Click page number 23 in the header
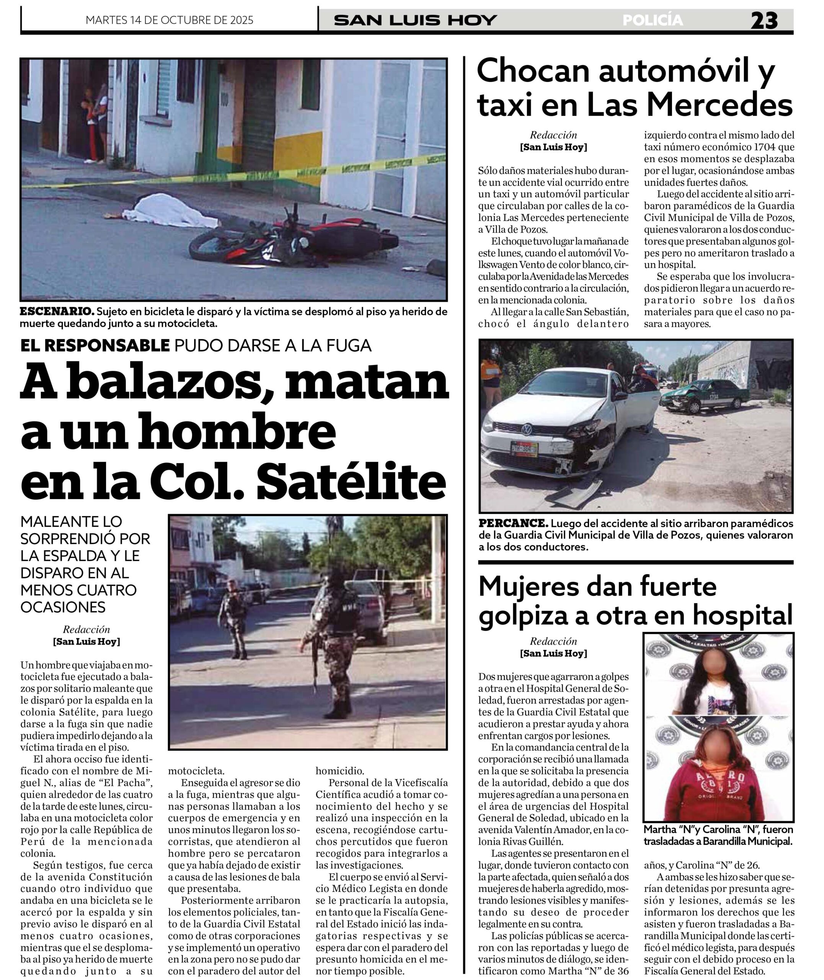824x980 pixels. pyautogui.click(x=764, y=21)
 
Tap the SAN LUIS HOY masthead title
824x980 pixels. pyautogui.click(x=415, y=20)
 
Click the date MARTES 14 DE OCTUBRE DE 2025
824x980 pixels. pyautogui.click(x=170, y=20)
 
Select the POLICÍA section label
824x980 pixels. pyautogui.click(x=653, y=20)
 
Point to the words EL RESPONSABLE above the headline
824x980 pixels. pyautogui.click(x=95, y=346)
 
